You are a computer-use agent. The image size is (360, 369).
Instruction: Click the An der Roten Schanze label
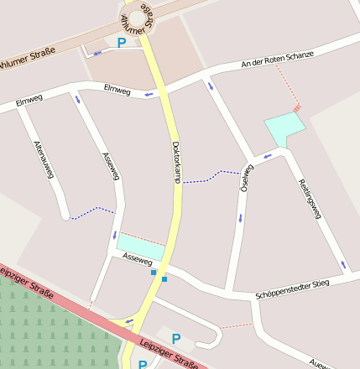(277, 59)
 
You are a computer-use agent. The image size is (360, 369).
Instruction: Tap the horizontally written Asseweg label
(137, 262)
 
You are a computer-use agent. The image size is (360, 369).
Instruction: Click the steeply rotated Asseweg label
(111, 166)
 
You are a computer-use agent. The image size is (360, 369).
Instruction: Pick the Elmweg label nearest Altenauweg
(29, 100)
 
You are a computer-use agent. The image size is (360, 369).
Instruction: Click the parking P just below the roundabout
(123, 42)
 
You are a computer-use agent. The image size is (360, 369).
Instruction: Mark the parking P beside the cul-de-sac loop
(176, 338)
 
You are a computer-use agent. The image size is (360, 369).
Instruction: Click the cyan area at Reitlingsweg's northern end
(284, 128)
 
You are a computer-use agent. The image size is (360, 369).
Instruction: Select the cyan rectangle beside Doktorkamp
(141, 247)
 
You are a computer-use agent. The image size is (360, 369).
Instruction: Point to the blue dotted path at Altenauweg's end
(91, 212)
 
